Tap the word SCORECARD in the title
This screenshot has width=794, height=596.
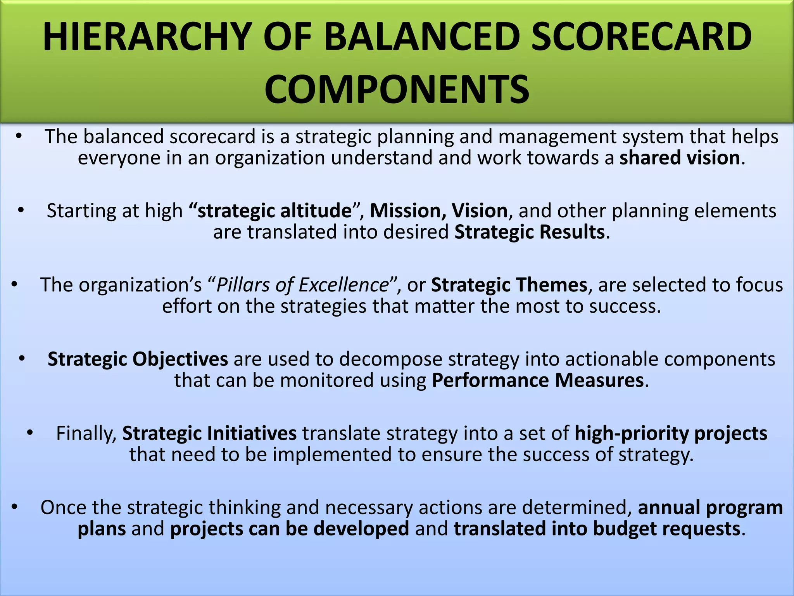point(641,37)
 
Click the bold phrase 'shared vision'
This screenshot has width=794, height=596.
point(680,158)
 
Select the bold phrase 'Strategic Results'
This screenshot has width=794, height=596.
point(529,232)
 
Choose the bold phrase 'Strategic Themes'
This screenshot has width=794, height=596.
point(509,285)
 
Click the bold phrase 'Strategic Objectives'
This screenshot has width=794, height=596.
point(138,359)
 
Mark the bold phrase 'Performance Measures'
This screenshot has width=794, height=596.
point(538,380)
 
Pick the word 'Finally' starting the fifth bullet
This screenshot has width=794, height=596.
point(86,433)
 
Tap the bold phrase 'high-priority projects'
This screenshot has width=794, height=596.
point(671,433)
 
